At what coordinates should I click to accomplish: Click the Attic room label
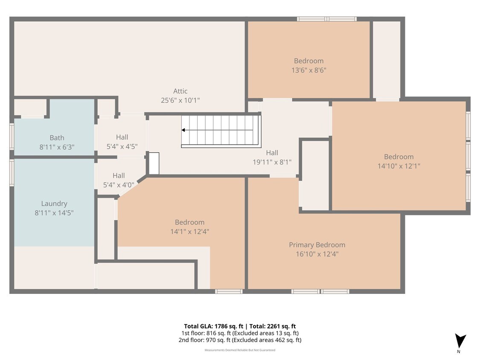pos(180,91)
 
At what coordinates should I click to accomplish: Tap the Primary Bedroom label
pos(317,245)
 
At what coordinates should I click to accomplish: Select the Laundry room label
pos(54,203)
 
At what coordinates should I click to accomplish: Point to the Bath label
pos(57,138)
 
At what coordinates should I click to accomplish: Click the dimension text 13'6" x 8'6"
pos(309,70)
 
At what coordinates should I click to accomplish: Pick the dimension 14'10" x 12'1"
pos(399,166)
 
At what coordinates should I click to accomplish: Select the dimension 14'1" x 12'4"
pos(190,232)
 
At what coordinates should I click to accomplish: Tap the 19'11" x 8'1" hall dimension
pos(272,162)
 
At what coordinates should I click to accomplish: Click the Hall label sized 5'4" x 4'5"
pos(122,137)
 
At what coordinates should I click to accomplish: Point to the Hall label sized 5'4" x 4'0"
pos(119,175)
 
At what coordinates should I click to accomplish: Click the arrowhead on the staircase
pos(183,130)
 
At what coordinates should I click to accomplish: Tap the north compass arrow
pos(460,341)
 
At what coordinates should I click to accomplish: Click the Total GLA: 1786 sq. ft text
pos(214,326)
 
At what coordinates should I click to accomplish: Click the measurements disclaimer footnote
pos(240,350)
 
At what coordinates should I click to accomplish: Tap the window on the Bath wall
pos(12,136)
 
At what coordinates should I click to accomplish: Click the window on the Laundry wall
pos(12,173)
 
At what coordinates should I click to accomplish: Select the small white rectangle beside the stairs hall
pos(154,163)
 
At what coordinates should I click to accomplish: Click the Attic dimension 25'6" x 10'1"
pos(180,100)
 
